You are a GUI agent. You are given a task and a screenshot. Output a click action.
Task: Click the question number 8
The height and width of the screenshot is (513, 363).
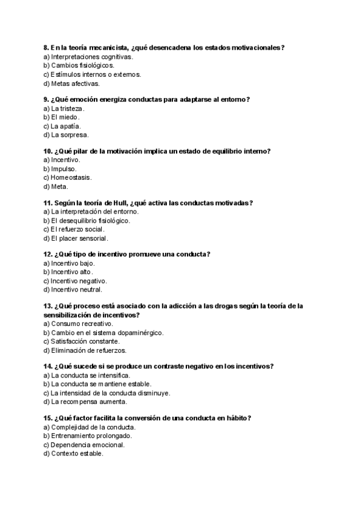tap(46, 47)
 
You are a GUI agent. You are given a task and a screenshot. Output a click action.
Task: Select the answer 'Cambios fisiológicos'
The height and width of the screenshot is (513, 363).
tap(82, 65)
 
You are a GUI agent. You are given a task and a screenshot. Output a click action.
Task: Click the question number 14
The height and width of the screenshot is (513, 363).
tap(48, 366)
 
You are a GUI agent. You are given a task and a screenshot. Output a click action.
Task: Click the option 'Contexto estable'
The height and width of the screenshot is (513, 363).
tap(77, 453)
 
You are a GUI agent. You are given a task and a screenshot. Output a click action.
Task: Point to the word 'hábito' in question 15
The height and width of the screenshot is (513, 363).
tap(236, 418)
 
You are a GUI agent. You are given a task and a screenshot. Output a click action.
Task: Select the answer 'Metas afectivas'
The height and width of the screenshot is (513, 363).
tap(75, 83)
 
